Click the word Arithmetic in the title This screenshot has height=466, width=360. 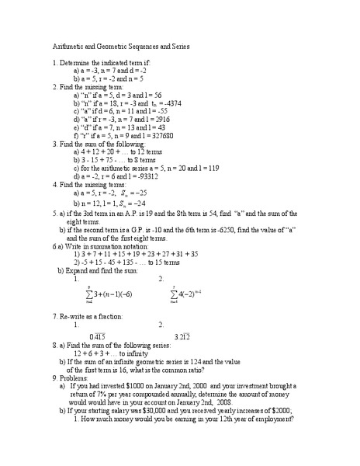tap(71, 47)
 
